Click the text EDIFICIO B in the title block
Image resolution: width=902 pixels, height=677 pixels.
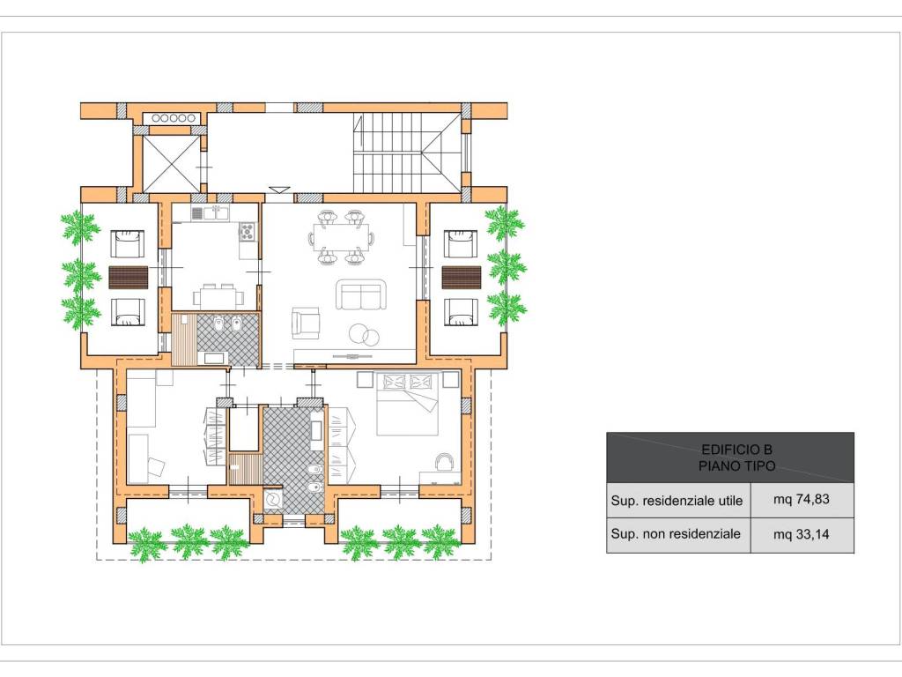tap(736, 450)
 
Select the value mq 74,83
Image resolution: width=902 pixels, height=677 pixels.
tap(802, 499)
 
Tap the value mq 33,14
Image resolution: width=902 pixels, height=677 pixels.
tap(802, 534)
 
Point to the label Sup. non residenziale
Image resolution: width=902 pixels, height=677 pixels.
tap(676, 533)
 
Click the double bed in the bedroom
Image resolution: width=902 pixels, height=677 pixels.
tap(408, 404)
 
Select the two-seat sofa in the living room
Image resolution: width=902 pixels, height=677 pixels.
tap(361, 294)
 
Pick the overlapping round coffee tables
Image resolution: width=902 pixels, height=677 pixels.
tap(364, 335)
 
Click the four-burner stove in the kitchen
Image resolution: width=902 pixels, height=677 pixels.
tap(248, 232)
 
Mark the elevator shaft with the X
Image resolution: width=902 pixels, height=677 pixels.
tap(171, 163)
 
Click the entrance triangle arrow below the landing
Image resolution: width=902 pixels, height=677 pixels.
tap(280, 190)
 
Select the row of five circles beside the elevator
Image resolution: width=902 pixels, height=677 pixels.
tap(173, 118)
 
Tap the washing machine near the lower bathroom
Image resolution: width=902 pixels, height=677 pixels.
tap(273, 501)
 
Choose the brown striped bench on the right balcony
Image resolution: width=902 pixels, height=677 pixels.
tap(462, 278)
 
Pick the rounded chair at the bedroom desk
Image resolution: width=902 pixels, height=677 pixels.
tap(445, 461)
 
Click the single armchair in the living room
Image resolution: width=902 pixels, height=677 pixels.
tap(305, 323)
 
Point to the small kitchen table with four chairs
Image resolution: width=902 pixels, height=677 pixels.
tap(218, 296)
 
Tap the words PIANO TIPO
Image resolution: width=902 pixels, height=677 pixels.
tap(736, 465)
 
